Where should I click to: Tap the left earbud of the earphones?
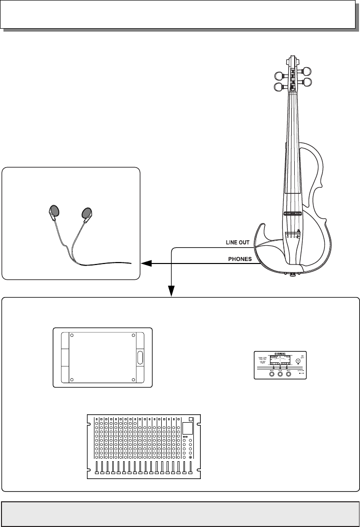54,212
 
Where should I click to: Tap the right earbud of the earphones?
87,213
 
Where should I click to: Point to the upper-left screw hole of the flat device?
72,336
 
